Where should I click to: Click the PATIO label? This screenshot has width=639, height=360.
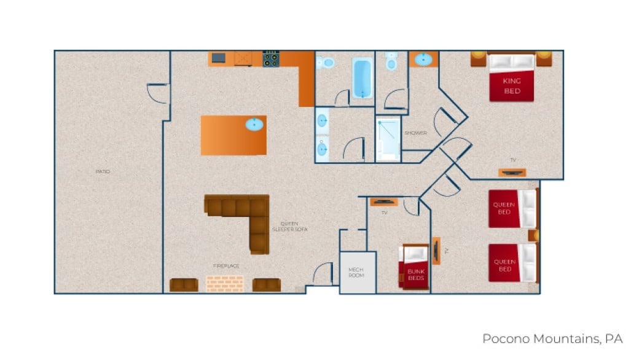[x=103, y=171]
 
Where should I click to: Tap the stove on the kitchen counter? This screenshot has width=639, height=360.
[x=271, y=59]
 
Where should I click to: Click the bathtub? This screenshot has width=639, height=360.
[x=363, y=78]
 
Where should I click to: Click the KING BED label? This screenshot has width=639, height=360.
[x=511, y=87]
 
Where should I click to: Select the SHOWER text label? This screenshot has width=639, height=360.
[x=415, y=133]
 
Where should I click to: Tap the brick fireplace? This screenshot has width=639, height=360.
[x=224, y=283]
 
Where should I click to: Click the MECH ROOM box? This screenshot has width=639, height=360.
[x=357, y=272]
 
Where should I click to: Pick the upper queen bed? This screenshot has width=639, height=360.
[x=512, y=209]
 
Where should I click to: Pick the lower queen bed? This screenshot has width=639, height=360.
[x=512, y=263]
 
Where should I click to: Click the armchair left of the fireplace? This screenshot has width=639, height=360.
[x=184, y=284]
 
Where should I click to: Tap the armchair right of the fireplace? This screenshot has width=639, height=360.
[x=267, y=284]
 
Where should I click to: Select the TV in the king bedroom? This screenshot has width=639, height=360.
[x=512, y=172]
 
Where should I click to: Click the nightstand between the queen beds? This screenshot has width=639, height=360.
[x=533, y=235]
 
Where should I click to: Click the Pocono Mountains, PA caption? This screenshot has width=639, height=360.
[x=552, y=338]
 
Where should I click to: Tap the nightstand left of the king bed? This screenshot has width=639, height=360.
[x=479, y=59]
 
